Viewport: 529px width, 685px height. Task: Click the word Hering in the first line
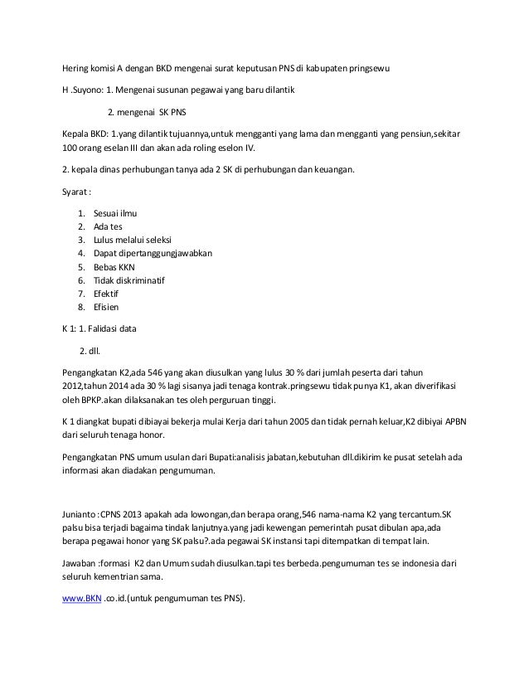pyautogui.click(x=78, y=67)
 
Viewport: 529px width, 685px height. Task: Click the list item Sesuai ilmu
pyautogui.click(x=115, y=213)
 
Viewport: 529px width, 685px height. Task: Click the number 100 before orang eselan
pyautogui.click(x=72, y=148)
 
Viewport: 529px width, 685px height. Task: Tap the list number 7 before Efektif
pyautogui.click(x=80, y=294)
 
